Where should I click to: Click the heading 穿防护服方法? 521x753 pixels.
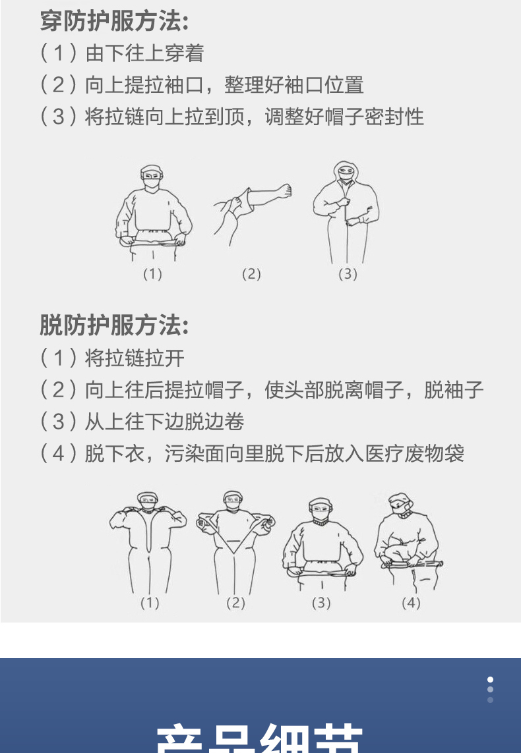(114, 21)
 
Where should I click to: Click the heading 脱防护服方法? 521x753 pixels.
(114, 325)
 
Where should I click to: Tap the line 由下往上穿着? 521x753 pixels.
(144, 53)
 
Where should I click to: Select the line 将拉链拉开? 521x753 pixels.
(135, 358)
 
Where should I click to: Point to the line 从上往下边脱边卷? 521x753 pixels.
(164, 422)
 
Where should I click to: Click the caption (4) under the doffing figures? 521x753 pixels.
(410, 602)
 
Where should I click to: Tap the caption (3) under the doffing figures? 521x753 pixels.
(321, 602)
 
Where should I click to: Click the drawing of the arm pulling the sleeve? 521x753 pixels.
(251, 211)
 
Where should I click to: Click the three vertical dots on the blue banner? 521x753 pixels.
(490, 689)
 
